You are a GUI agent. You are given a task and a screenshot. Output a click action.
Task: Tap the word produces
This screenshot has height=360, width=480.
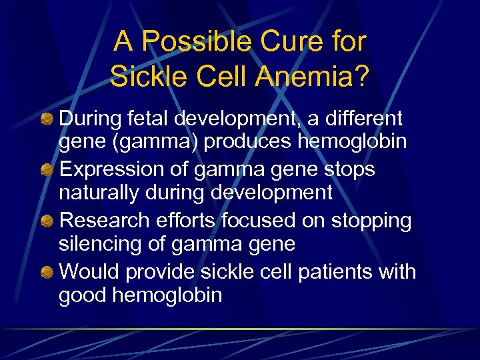pyautogui.click(x=255, y=143)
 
